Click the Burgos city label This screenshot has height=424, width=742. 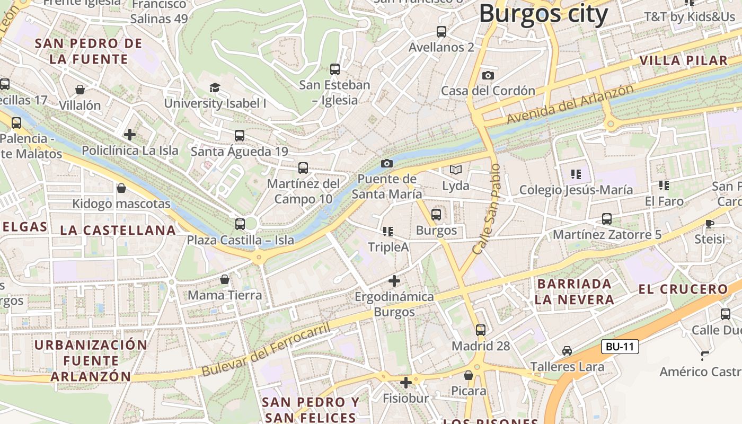(543, 14)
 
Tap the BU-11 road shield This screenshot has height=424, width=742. (620, 347)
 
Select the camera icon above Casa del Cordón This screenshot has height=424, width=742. (488, 76)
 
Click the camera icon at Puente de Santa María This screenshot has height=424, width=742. (387, 163)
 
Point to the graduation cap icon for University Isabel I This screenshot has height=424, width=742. (215, 87)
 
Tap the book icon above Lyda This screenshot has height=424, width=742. (456, 170)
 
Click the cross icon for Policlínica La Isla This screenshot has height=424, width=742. (130, 135)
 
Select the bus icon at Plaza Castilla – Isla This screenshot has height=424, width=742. (240, 224)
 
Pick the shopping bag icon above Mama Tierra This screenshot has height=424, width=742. (225, 279)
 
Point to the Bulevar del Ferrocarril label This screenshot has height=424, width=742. (266, 349)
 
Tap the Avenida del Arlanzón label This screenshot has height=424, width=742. (570, 104)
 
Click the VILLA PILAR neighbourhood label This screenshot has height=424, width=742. (684, 60)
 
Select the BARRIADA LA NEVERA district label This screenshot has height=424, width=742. (575, 291)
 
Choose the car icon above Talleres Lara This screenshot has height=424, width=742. (567, 351)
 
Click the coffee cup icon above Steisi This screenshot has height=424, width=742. (709, 224)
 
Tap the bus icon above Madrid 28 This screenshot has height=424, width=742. (480, 330)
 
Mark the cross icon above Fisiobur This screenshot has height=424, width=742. (406, 382)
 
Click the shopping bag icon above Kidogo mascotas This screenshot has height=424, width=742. (121, 188)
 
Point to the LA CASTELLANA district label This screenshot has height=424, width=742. (118, 230)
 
